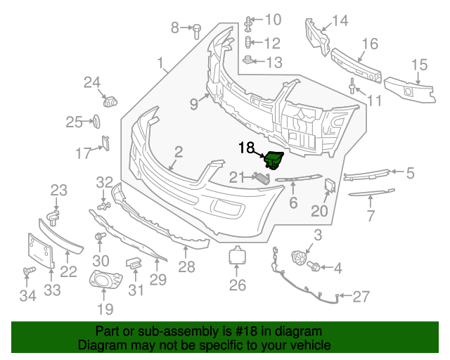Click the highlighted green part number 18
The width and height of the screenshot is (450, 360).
274,161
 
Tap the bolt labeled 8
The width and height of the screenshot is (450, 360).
197,31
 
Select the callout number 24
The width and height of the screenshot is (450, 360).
92,82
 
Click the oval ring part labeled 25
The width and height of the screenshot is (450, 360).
96,122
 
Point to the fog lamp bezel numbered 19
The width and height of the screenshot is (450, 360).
105,278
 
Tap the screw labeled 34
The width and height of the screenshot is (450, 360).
29,271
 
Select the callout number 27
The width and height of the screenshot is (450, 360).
361,297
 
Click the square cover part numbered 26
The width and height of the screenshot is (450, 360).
237,255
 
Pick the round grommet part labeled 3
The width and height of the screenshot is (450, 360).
298,257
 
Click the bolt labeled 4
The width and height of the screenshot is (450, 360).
314,266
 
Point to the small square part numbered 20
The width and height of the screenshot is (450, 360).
330,185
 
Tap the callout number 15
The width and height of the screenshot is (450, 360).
420,65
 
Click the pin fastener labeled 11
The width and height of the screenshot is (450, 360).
352,86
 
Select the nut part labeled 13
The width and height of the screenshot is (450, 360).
248,60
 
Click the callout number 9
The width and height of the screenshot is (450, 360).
194,103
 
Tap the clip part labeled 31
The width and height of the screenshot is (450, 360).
134,263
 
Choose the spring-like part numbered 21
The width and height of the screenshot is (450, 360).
262,179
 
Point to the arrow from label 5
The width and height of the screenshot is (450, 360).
397,172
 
